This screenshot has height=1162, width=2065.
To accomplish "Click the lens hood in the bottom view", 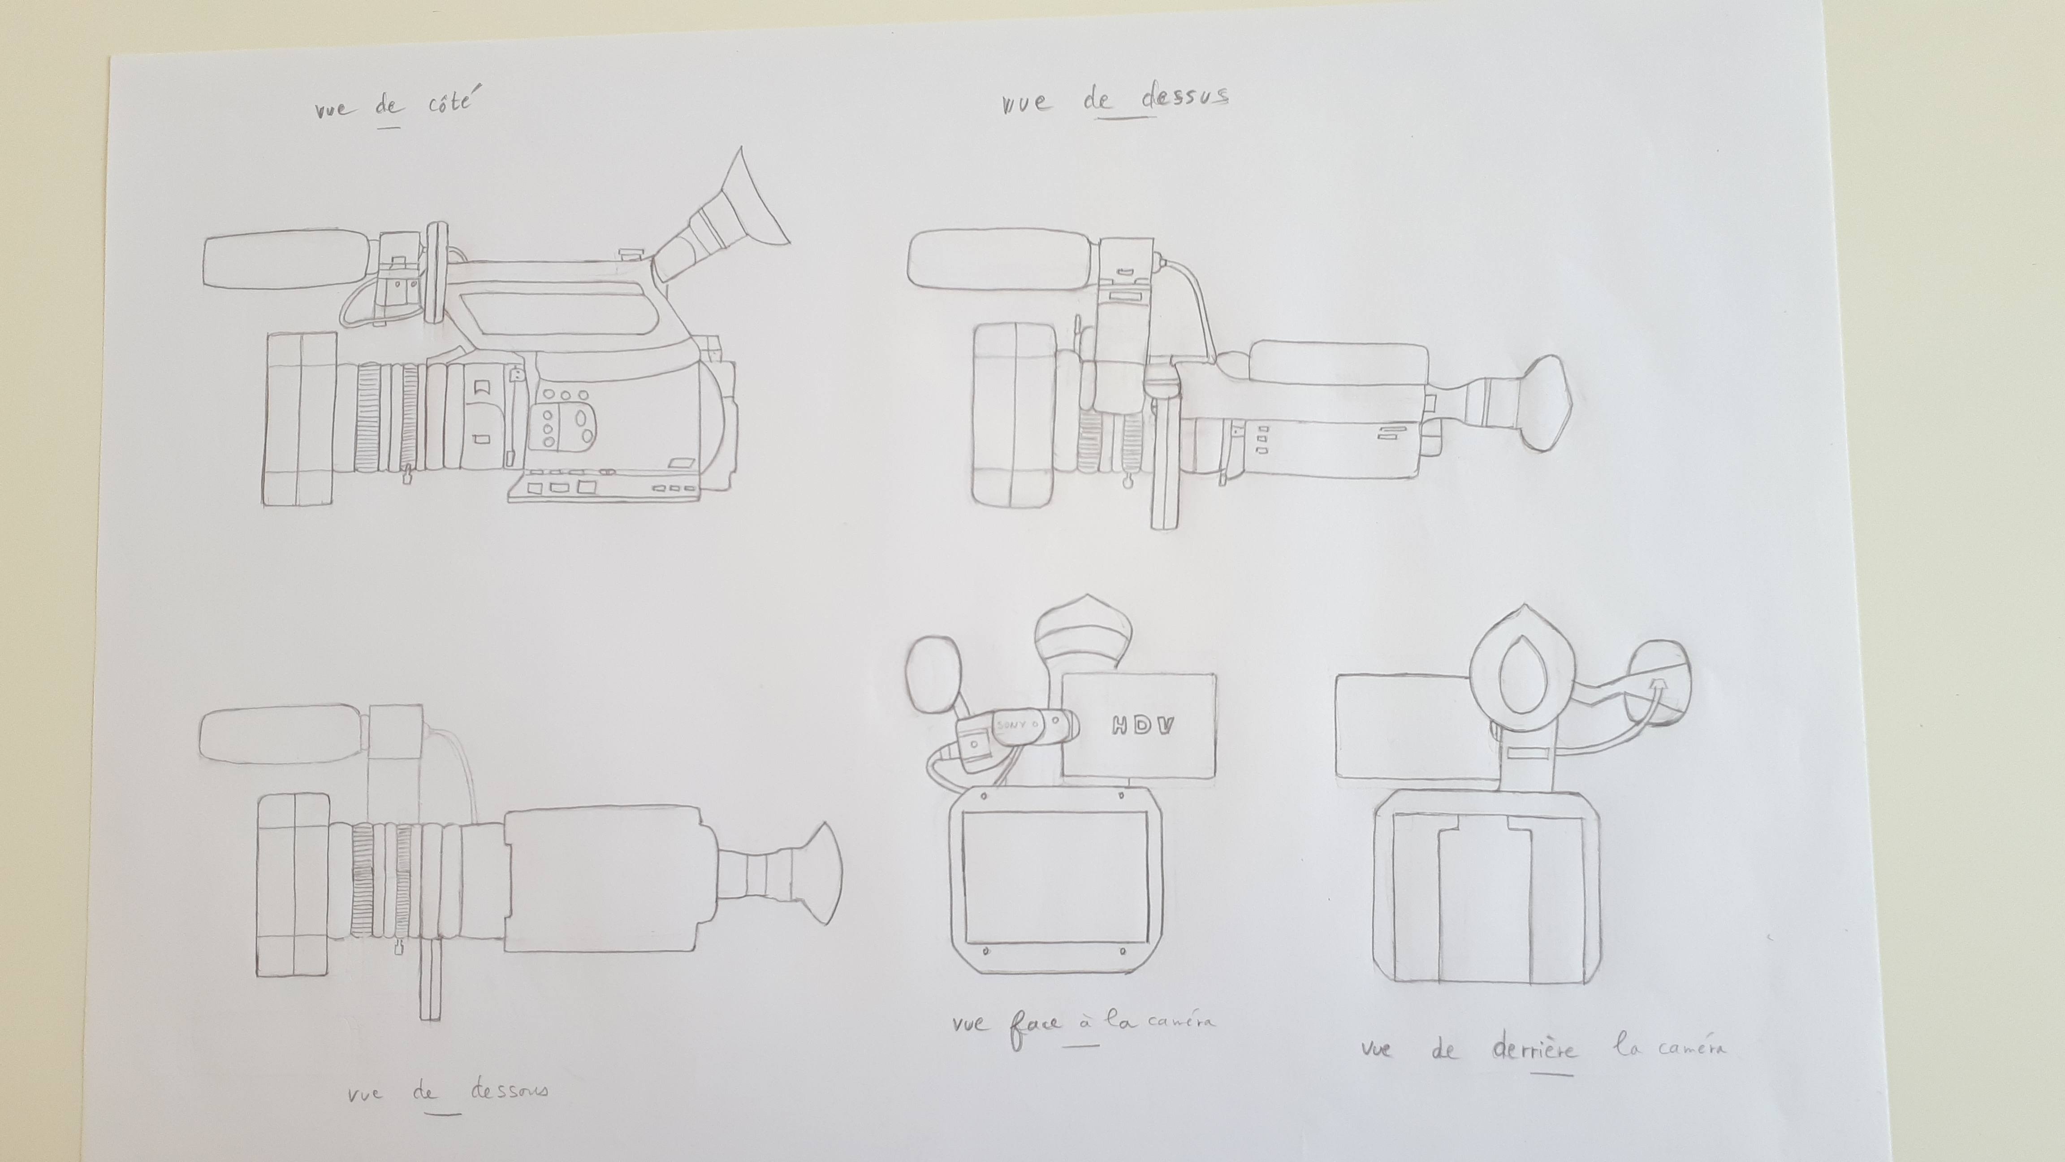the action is [294, 885].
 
